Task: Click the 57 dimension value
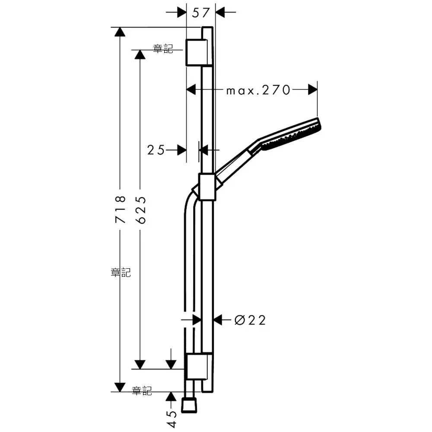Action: [201, 13]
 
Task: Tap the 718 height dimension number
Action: [121, 210]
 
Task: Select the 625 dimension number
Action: [140, 210]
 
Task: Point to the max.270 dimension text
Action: [258, 90]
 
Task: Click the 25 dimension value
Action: [156, 150]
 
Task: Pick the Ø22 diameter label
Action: [250, 320]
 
